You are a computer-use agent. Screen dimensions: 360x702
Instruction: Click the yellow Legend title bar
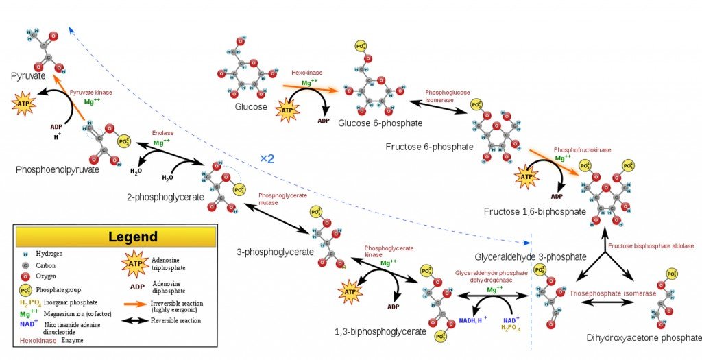pyautogui.click(x=114, y=237)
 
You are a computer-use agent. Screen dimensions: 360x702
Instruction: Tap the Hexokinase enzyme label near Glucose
pyautogui.click(x=307, y=72)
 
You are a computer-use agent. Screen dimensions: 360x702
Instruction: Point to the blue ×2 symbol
pyautogui.click(x=267, y=158)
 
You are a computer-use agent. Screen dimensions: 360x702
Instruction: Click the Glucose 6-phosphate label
pyautogui.click(x=380, y=123)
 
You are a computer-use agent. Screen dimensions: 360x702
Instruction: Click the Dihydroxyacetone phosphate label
pyautogui.click(x=644, y=338)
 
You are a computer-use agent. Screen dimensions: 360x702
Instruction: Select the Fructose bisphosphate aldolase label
pyautogui.click(x=651, y=245)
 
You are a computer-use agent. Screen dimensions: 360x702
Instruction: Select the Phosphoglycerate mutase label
pyautogui.click(x=282, y=199)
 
